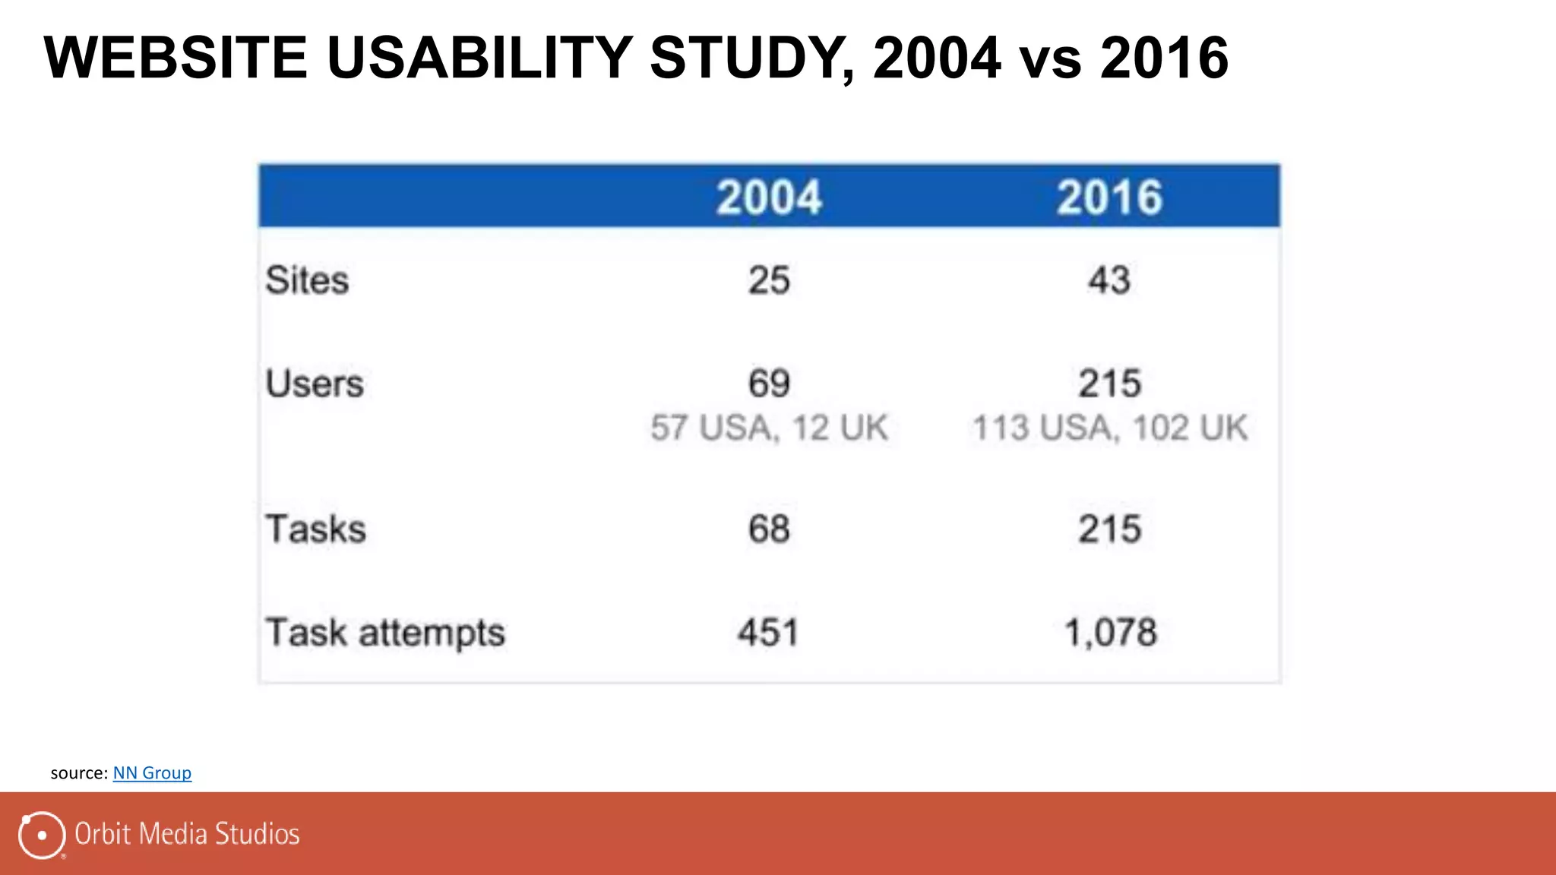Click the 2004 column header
pyautogui.click(x=769, y=197)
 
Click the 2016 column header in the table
pyautogui.click(x=1109, y=197)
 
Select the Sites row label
pyautogui.click(x=307, y=280)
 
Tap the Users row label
pyautogui.click(x=315, y=384)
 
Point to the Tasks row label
pyautogui.click(x=316, y=529)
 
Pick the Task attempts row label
pyautogui.click(x=385, y=633)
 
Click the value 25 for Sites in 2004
pyautogui.click(x=769, y=280)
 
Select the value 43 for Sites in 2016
pyautogui.click(x=1109, y=280)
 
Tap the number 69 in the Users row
pyautogui.click(x=769, y=384)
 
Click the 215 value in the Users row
pyautogui.click(x=1109, y=384)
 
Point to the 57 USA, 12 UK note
pyautogui.click(x=769, y=428)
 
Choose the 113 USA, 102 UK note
pyautogui.click(x=1109, y=428)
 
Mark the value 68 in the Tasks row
pyautogui.click(x=769, y=529)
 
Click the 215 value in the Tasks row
pyautogui.click(x=1109, y=529)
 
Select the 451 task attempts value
pyautogui.click(x=769, y=633)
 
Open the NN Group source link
pyautogui.click(x=152, y=773)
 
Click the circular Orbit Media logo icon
pyautogui.click(x=42, y=835)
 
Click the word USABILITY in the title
pyautogui.click(x=479, y=58)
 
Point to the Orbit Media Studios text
pyautogui.click(x=187, y=834)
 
